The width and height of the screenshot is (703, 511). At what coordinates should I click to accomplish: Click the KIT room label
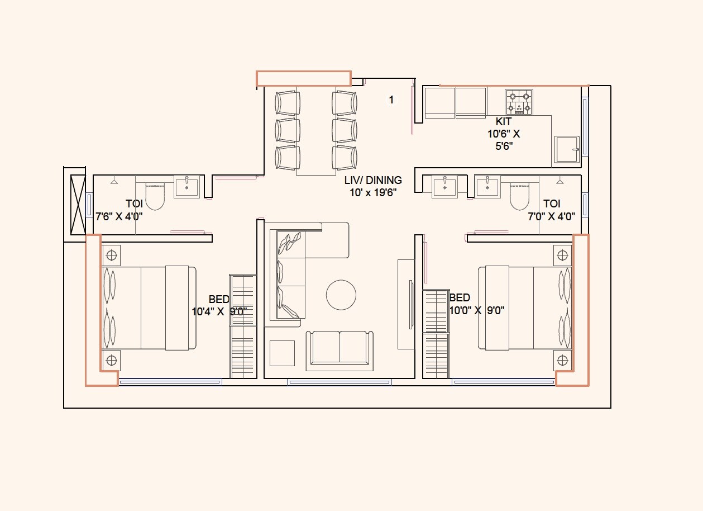[x=503, y=121]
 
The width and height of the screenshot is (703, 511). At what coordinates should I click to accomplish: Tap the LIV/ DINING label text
[x=372, y=180]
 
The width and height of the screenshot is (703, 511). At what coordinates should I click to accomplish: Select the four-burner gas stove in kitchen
[x=518, y=101]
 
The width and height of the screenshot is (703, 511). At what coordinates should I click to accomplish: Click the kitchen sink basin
[x=567, y=150]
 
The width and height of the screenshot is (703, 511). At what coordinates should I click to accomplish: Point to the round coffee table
[x=341, y=295]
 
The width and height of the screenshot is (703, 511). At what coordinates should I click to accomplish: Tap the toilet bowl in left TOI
[x=155, y=196]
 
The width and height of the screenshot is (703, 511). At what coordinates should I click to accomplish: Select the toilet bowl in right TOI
[x=519, y=196]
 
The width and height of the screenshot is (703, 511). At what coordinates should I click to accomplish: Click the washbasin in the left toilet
[x=186, y=187]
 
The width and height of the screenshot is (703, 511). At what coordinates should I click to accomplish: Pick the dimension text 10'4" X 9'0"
[x=219, y=311]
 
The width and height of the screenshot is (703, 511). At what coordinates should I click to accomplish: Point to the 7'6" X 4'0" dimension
[x=119, y=216]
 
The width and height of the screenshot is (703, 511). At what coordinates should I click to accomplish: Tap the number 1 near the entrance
[x=391, y=100]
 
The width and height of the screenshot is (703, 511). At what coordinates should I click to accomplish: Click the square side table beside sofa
[x=282, y=353]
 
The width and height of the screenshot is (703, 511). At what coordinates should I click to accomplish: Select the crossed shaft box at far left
[x=78, y=204]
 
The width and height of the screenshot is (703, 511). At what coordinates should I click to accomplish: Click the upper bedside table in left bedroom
[x=112, y=255]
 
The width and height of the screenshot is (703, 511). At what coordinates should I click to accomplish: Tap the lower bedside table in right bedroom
[x=562, y=360]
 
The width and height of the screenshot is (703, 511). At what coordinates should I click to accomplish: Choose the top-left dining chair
[x=288, y=103]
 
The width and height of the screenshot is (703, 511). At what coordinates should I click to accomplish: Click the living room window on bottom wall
[x=339, y=382]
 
